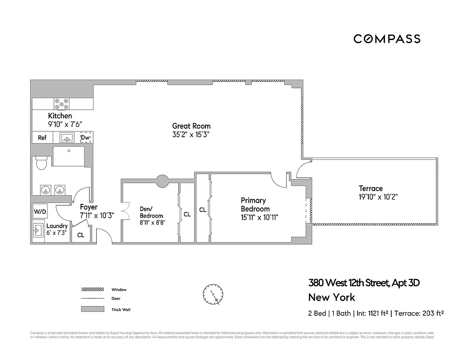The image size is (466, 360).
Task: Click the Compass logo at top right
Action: coord(387,39)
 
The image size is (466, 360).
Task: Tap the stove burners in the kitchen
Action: coord(62,104)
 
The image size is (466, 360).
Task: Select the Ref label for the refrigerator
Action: coord(42,138)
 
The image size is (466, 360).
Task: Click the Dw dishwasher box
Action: coord(85,138)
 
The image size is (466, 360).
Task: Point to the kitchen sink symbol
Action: coord(69,138)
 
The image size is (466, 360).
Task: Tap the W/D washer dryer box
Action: coord(40,211)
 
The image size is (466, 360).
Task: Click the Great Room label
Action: coord(191,126)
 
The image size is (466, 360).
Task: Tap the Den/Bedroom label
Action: coord(151,212)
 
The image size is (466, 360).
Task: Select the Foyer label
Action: coord(89,207)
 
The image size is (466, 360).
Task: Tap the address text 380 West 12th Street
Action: coord(347,283)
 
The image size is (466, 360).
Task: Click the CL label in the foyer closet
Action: coord(81,234)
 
